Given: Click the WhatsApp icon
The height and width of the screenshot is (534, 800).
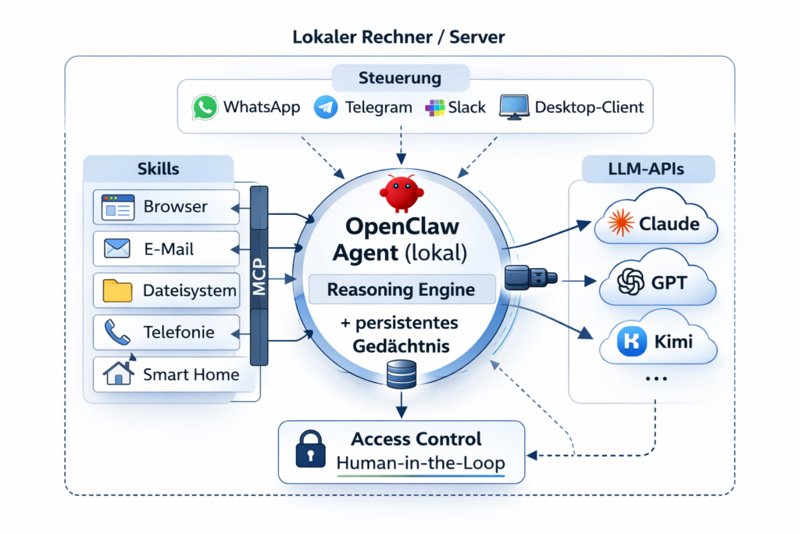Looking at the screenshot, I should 205,107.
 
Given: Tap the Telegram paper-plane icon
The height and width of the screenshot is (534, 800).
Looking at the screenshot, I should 326,107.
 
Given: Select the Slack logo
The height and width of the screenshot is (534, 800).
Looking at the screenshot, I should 434,107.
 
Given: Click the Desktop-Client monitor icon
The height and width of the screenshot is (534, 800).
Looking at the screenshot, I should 514,107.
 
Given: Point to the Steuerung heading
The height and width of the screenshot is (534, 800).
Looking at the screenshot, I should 400,78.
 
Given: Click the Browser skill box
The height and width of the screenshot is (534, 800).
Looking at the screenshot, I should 166,207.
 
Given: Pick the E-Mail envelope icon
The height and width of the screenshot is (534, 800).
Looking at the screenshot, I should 116,249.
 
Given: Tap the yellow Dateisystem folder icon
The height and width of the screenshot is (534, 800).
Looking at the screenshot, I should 118,291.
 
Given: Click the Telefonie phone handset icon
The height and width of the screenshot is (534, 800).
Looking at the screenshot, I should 117,332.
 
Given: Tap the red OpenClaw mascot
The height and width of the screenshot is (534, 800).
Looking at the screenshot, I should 401,192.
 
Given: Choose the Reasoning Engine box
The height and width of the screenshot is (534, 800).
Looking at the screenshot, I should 401,289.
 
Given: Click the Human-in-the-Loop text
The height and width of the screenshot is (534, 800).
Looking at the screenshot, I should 420,463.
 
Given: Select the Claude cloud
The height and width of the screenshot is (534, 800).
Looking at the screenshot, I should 657,224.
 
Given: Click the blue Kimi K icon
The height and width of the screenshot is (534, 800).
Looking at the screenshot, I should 630,342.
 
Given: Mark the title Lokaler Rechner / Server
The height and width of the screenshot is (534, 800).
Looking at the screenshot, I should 399,37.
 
